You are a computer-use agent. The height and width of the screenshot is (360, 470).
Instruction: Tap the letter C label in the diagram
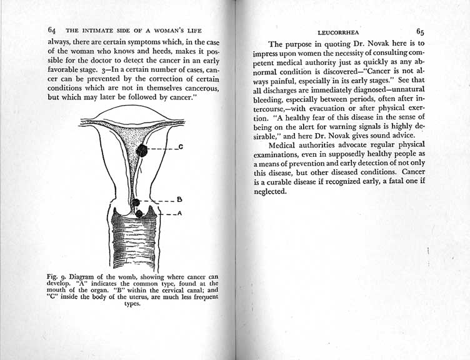[180, 147]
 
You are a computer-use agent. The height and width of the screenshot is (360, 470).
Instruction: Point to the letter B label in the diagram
[179, 200]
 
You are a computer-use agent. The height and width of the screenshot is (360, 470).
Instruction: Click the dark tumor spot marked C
[142, 150]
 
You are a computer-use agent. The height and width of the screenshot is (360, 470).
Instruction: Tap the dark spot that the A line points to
[139, 214]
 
